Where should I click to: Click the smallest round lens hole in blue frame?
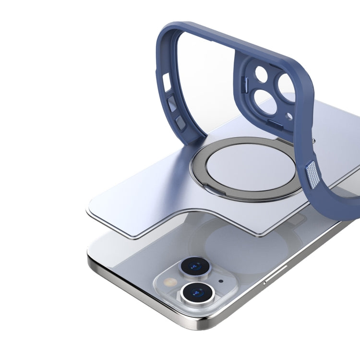click(x=262, y=74)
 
